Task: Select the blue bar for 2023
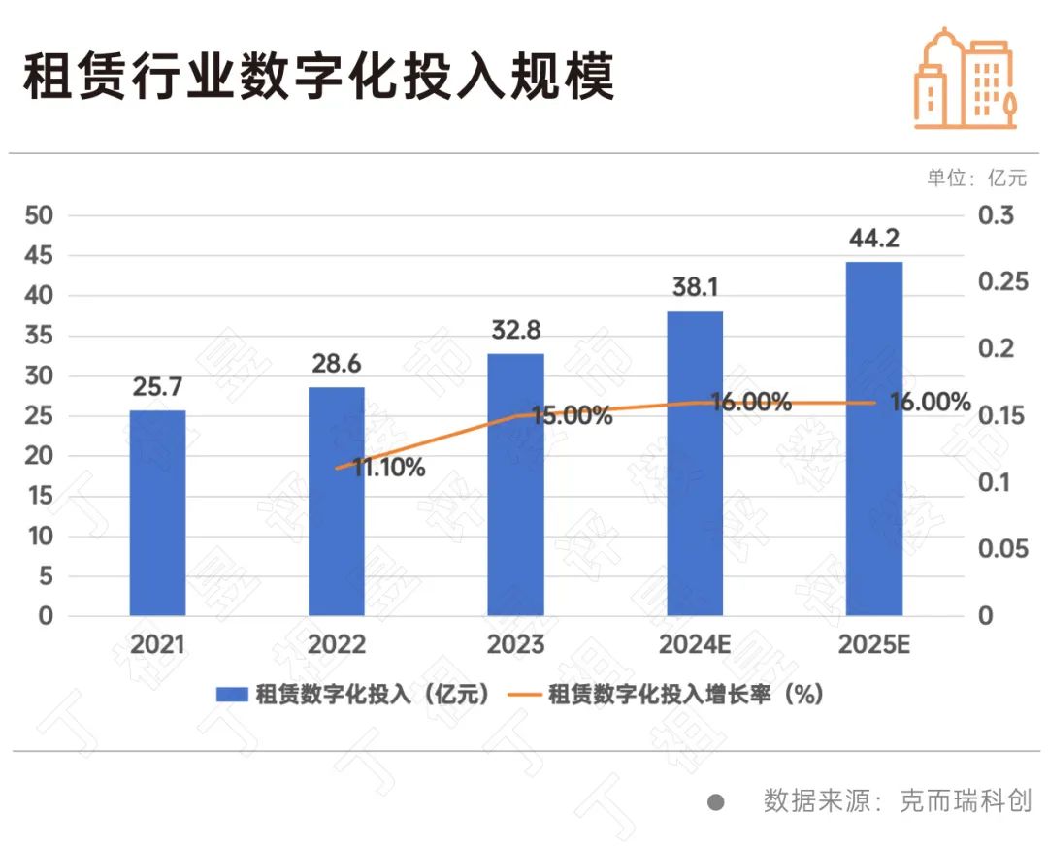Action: [515, 484]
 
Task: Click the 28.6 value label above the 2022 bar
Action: [337, 365]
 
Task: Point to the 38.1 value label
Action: [695, 288]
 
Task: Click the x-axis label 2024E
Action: [695, 645]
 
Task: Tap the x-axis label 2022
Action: [337, 645]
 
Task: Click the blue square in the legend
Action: [232, 694]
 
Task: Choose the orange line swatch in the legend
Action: [523, 694]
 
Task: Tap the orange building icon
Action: [965, 78]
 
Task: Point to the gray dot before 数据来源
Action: [716, 802]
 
